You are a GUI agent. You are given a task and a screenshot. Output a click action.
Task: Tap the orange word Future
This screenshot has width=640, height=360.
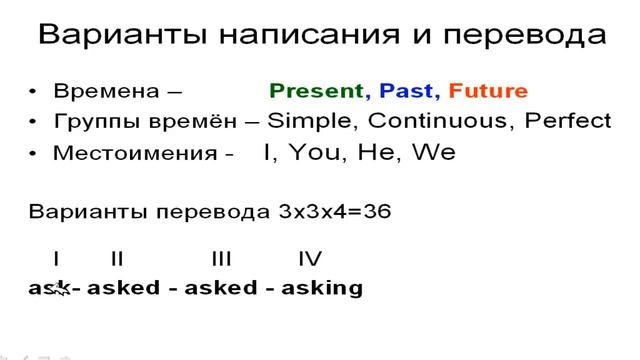[488, 92]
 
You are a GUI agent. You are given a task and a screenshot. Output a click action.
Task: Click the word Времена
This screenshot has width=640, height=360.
[106, 92]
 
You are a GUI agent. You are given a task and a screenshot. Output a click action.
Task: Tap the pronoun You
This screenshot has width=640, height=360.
[317, 153]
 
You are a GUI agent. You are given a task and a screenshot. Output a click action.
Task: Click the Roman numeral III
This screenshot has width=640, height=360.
[221, 260]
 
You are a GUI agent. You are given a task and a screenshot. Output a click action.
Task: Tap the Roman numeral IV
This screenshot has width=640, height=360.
[310, 260]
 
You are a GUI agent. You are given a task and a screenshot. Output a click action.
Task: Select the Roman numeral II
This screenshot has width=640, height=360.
[117, 260]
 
